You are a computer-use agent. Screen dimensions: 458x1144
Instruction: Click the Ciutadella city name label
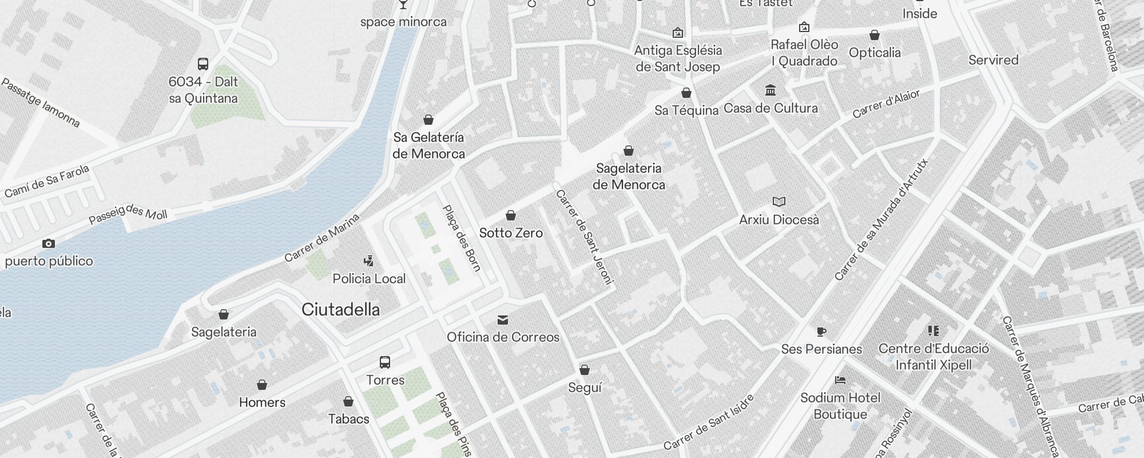coord(340,310)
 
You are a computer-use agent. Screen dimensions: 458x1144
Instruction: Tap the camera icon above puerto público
coord(49,244)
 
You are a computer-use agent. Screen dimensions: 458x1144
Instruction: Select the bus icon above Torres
coord(385,362)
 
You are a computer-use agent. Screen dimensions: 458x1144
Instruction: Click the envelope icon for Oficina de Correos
coord(503,319)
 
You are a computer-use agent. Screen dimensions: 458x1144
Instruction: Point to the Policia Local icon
coord(369,261)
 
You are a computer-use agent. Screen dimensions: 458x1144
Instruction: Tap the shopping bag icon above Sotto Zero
coord(511,215)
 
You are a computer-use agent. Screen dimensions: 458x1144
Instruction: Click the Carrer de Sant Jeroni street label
coord(585,236)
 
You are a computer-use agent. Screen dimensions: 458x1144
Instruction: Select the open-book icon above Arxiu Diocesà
coord(779,202)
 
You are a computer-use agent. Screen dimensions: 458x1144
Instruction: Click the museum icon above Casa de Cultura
coord(770,90)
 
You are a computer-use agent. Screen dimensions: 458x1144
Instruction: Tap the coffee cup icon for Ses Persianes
coord(821,331)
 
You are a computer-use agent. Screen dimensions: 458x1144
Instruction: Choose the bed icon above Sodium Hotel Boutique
coord(840,380)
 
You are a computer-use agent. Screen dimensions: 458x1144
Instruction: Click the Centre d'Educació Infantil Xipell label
coord(934,357)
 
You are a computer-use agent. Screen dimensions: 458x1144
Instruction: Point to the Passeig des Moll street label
coord(128,214)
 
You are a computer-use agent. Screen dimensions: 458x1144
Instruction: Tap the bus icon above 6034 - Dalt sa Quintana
coord(203,64)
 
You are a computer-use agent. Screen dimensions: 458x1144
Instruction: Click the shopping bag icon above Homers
coord(262,385)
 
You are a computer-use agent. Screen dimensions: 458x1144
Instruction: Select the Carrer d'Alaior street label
coord(886,104)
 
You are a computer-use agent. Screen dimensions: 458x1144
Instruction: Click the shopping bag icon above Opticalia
coord(875,35)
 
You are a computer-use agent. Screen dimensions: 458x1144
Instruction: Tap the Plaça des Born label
coord(462,238)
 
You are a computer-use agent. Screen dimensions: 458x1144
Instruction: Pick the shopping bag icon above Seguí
coord(585,370)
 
